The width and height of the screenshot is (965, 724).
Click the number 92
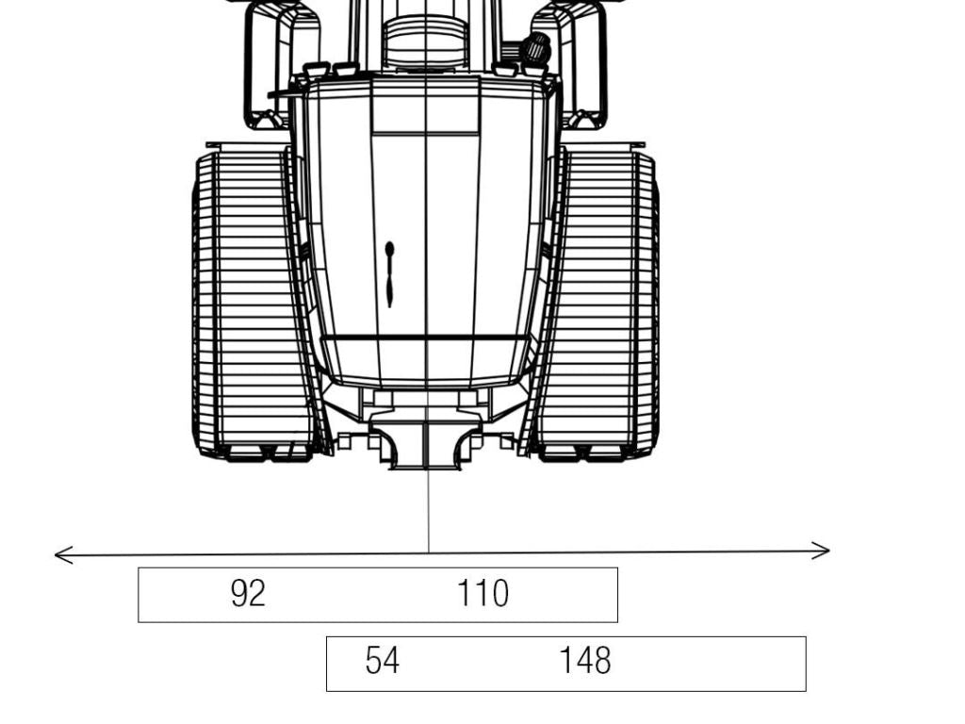click(248, 593)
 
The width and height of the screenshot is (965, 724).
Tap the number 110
click(482, 593)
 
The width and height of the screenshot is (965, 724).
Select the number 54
click(382, 661)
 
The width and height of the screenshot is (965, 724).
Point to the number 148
click(584, 661)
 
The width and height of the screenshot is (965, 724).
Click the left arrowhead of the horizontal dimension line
click(58, 555)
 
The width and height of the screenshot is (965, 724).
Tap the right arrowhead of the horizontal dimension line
click(826, 551)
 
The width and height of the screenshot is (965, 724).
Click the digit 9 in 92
click(239, 593)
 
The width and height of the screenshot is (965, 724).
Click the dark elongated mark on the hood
click(389, 273)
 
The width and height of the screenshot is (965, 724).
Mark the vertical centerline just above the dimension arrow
click(428, 514)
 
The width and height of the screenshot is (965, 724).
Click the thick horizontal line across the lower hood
click(424, 337)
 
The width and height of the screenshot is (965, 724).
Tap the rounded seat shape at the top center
click(425, 42)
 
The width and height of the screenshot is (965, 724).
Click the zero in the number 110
click(498, 593)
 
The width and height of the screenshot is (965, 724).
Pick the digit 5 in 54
click(373, 661)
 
